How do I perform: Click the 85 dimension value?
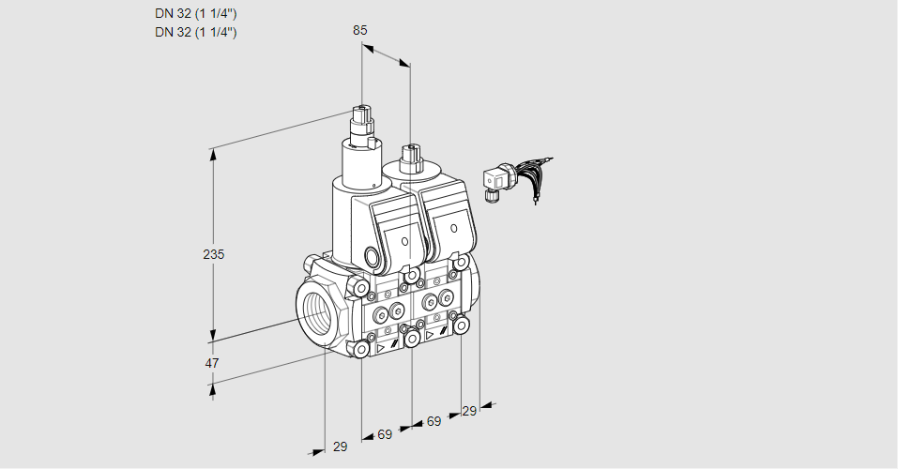point(359,30)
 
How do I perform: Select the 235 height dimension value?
point(214,254)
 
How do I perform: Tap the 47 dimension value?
point(212,363)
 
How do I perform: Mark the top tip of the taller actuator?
point(361,107)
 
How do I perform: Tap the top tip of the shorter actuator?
point(410,147)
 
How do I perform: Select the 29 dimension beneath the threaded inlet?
point(341,446)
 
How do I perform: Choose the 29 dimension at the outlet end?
point(469,411)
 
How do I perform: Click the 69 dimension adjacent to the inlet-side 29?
point(385,434)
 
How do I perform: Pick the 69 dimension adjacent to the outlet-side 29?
point(434,421)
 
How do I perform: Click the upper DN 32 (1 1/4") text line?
point(196,14)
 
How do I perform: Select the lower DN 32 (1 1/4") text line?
point(196,32)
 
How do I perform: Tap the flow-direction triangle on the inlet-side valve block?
point(380,348)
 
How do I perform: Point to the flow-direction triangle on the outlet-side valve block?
point(430,336)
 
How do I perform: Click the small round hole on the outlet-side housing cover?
point(453,229)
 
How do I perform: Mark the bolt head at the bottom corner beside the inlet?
point(361,349)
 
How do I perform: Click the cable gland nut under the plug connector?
point(489,196)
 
